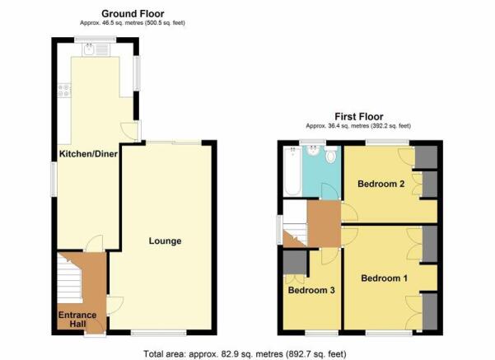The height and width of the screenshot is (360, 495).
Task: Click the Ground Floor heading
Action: click(133, 14)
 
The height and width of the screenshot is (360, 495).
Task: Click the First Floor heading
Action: click(359, 116)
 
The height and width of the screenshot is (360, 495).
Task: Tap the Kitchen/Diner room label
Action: click(88, 154)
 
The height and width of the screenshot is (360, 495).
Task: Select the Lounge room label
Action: click(165, 241)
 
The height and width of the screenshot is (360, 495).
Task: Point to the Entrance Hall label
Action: click(77, 320)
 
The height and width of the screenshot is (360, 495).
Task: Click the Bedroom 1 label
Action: click(384, 278)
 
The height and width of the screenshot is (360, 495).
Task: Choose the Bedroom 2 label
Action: click(381, 184)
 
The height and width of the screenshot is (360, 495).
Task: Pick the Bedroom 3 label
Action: click(311, 290)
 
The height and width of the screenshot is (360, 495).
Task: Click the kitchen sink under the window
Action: click(96, 49)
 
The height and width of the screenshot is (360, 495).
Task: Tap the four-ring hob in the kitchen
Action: click(64, 90)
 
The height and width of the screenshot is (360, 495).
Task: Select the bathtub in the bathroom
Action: click(292, 171)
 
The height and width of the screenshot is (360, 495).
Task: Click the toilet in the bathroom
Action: click(331, 154)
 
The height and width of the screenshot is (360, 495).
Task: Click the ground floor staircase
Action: click(70, 278)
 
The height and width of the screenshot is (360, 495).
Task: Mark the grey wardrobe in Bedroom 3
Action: click(295, 262)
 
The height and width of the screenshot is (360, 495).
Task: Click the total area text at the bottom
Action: click(245, 354)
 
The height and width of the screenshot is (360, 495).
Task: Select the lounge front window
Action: click(159, 333)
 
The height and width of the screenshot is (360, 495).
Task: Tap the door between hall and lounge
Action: click(114, 306)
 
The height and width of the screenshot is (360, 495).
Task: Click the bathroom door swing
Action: click(329, 191)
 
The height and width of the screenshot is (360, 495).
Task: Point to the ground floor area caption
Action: click(133, 23)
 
